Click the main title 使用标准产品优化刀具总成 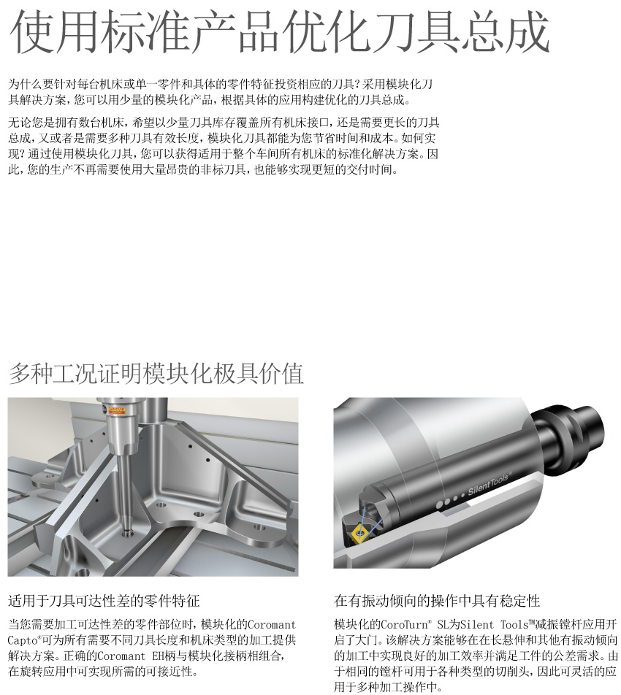tap(279, 32)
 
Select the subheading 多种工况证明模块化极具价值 tap(156, 373)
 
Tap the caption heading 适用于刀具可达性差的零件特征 tap(104, 601)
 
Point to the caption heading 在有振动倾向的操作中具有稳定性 tap(437, 601)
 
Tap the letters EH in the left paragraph tap(158, 656)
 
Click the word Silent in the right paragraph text tap(477, 625)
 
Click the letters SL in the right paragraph tap(443, 625)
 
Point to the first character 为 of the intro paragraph tap(14, 84)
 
